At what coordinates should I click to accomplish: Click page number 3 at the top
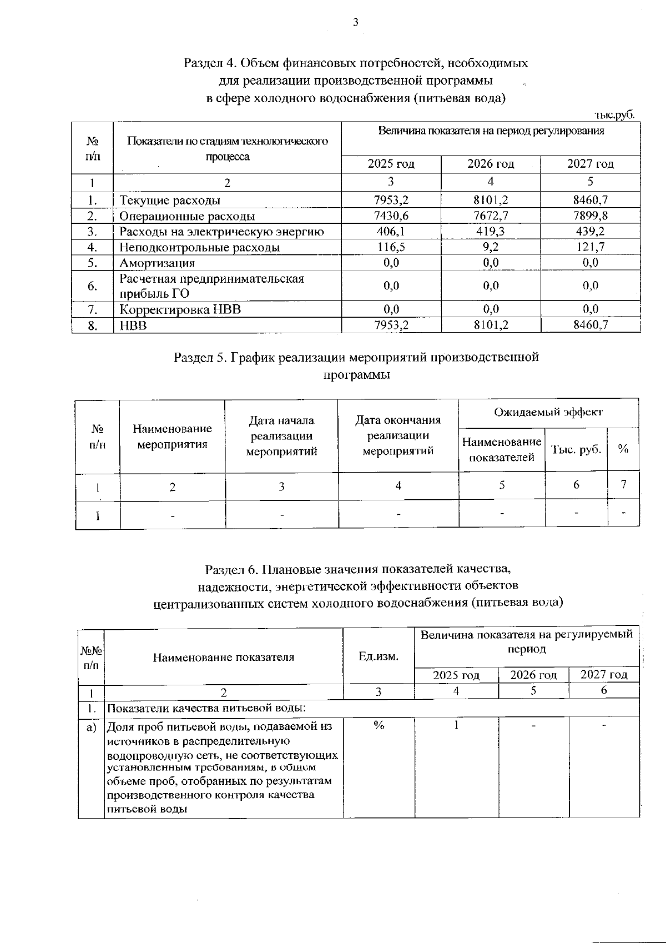tap(355, 22)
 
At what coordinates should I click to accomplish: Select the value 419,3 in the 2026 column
tap(490, 232)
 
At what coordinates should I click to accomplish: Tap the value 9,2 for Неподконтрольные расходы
tap(490, 247)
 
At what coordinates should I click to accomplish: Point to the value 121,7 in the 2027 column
tap(590, 247)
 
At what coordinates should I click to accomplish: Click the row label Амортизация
tap(157, 263)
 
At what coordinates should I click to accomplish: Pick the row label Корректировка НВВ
tap(180, 309)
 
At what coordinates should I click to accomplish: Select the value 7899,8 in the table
tap(590, 216)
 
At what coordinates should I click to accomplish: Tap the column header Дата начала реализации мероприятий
tap(281, 436)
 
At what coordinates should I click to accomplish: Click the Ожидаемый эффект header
tap(548, 412)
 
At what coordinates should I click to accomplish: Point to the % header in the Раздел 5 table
tap(623, 449)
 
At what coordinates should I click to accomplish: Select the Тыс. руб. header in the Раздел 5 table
tap(576, 450)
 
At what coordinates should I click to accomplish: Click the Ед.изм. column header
tap(379, 657)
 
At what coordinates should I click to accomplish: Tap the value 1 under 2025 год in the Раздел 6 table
tap(456, 725)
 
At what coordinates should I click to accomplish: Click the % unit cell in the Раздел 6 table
tap(379, 725)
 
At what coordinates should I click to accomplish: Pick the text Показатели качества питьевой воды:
tap(206, 708)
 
